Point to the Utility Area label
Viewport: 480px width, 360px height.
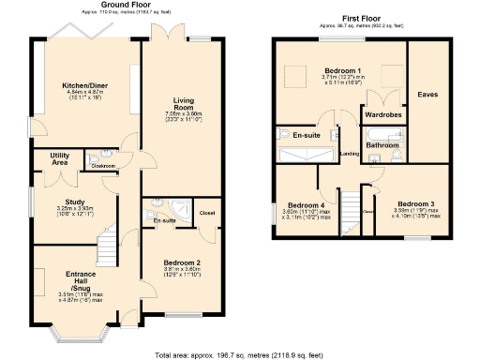pyautogui.click(x=40, y=159)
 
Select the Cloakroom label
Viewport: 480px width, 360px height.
pyautogui.click(x=102, y=166)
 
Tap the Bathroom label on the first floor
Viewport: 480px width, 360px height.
pyautogui.click(x=382, y=145)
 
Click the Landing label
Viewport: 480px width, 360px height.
pyautogui.click(x=349, y=153)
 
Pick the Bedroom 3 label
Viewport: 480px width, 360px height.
pyautogui.click(x=415, y=204)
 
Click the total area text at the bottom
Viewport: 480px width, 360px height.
pyautogui.click(x=239, y=353)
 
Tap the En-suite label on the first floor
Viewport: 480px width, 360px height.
pyautogui.click(x=307, y=134)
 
